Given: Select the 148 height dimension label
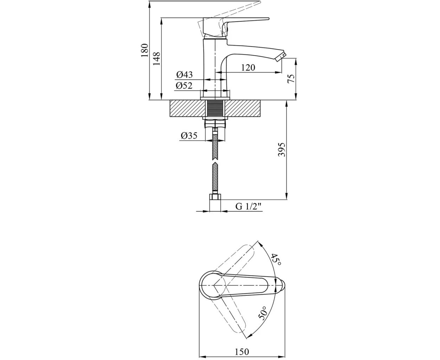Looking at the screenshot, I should pos(157,59).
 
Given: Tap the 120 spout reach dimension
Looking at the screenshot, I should pos(248,68).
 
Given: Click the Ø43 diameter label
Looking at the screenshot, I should pos(185,75).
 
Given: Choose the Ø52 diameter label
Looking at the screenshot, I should pos(185,85).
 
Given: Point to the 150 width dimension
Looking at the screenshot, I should pos(242,352).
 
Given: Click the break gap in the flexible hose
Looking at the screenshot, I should pos(215,161).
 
